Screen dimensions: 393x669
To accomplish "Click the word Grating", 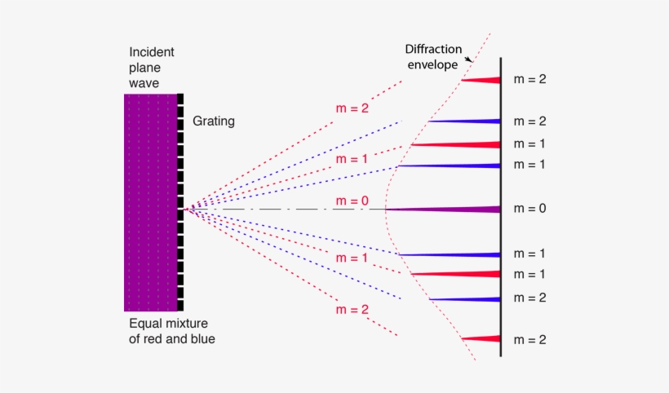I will [214, 121].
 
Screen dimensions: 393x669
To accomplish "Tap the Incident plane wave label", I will [152, 68].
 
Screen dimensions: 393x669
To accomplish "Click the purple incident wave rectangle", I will [151, 202].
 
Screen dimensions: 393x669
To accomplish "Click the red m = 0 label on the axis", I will [352, 201].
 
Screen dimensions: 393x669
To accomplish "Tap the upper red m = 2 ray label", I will [352, 108].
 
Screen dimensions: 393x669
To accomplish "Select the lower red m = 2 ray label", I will [352, 310].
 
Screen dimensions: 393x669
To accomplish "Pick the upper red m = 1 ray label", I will [352, 158].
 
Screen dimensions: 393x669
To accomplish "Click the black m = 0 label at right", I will [529, 209].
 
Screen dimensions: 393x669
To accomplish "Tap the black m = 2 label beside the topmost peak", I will [529, 79].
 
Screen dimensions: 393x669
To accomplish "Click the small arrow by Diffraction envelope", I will [468, 60].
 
